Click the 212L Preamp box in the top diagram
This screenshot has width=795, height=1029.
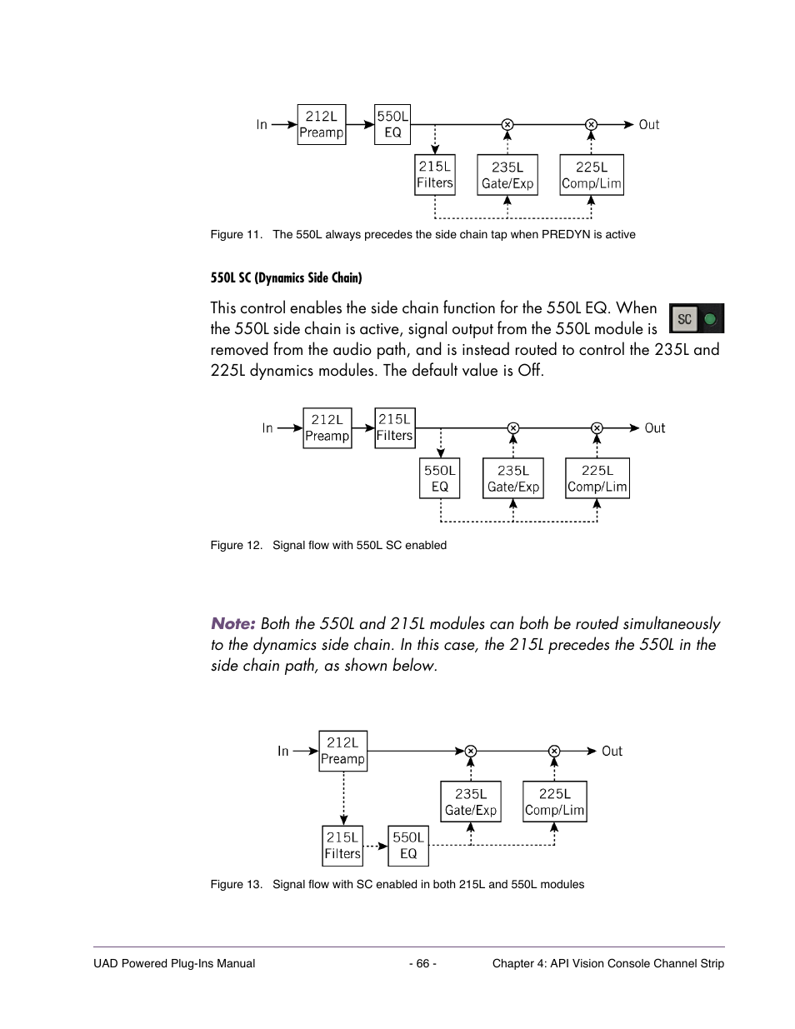pyautogui.click(x=321, y=124)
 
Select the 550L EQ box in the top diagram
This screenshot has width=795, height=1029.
pyautogui.click(x=392, y=124)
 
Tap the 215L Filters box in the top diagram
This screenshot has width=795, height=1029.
pyautogui.click(x=435, y=175)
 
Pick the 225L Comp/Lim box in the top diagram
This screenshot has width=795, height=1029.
pyautogui.click(x=592, y=175)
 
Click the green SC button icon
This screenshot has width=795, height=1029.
pyautogui.click(x=697, y=318)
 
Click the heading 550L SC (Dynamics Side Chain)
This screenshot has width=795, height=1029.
pyautogui.click(x=286, y=278)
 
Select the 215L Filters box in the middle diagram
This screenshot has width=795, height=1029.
pyautogui.click(x=394, y=427)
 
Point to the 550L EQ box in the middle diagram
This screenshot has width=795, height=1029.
pyautogui.click(x=440, y=478)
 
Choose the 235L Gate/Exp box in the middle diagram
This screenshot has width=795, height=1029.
pyautogui.click(x=513, y=478)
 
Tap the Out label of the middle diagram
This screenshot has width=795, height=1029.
pyautogui.click(x=654, y=428)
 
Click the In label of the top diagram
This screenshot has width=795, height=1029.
pyautogui.click(x=262, y=125)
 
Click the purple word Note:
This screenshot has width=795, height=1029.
pyautogui.click(x=232, y=623)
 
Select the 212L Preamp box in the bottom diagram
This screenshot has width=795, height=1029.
pyautogui.click(x=342, y=751)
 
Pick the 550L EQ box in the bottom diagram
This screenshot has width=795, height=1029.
pyautogui.click(x=408, y=846)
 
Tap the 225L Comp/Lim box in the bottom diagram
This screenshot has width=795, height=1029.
pyautogui.click(x=554, y=802)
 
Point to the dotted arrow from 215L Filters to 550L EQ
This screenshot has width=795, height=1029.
pyautogui.click(x=376, y=846)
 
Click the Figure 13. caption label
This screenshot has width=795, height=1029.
pyautogui.click(x=236, y=884)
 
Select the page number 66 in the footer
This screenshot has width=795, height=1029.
pyautogui.click(x=422, y=963)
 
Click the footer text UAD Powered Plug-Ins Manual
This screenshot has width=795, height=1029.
pyautogui.click(x=174, y=963)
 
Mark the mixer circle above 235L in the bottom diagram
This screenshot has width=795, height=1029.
pyautogui.click(x=471, y=752)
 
